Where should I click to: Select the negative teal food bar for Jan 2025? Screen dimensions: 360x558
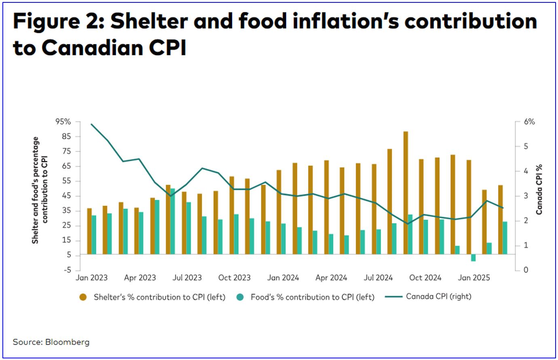click(473, 258)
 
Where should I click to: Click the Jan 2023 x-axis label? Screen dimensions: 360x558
click(92, 278)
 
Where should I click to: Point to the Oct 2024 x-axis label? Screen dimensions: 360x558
click(425, 278)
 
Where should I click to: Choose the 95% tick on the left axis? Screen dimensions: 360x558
click(63, 122)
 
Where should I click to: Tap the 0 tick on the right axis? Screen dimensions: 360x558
click(526, 270)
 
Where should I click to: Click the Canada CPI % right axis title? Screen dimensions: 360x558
click(539, 189)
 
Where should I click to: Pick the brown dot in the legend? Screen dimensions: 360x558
click(83, 297)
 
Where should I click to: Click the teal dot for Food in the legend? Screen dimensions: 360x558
click(240, 297)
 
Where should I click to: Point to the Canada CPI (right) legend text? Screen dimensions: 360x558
click(438, 296)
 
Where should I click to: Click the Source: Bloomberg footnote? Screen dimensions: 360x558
click(51, 342)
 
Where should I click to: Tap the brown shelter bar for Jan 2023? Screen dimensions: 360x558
click(89, 231)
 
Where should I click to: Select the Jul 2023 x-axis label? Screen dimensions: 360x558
click(187, 278)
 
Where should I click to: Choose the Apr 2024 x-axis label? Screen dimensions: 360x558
click(331, 278)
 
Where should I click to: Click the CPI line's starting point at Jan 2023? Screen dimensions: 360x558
click(92, 124)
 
